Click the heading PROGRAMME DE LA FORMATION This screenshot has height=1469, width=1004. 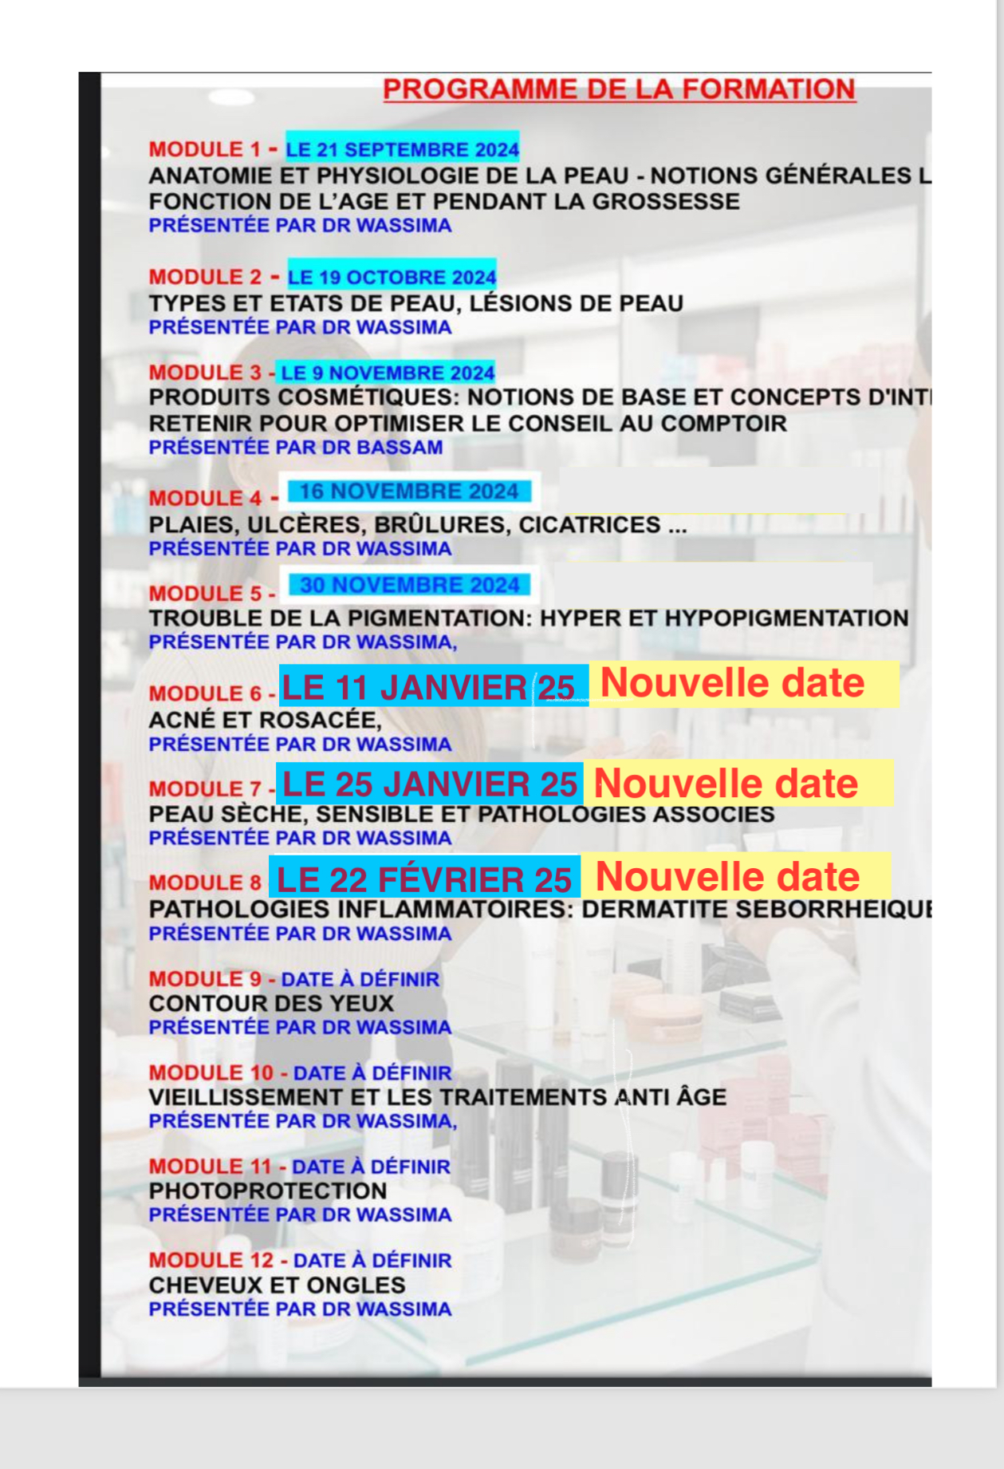click(619, 89)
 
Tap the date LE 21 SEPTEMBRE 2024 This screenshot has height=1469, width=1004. click(402, 149)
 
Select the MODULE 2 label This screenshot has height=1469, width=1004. click(205, 277)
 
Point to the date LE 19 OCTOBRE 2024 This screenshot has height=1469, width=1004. click(392, 277)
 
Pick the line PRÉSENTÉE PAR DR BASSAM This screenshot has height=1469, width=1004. click(296, 448)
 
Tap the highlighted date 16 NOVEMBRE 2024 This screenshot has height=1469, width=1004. click(409, 492)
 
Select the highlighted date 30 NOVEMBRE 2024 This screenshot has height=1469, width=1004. click(410, 585)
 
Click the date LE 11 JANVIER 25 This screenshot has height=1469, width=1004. click(428, 687)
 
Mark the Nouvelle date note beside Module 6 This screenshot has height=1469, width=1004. click(732, 683)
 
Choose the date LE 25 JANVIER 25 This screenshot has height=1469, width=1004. click(430, 784)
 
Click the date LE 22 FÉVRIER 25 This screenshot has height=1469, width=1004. click(423, 879)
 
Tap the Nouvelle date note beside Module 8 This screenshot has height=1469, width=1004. click(727, 876)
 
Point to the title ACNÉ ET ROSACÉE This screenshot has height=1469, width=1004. click(265, 720)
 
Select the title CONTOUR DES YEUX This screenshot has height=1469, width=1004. click(271, 1003)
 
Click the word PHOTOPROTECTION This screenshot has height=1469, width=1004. click(268, 1191)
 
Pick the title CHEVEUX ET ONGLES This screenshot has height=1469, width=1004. click(277, 1285)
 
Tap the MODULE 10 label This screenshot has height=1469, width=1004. click(211, 1072)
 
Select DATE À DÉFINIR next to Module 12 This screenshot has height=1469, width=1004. click(372, 1261)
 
